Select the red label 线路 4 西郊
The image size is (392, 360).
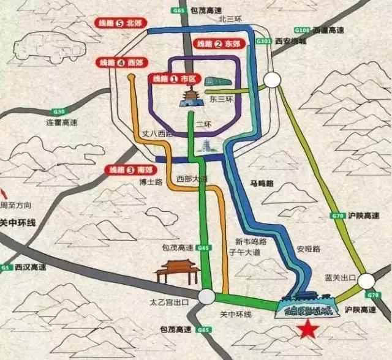point(120,62)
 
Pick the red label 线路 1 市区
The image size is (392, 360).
point(173,79)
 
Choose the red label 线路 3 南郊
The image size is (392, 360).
point(127,169)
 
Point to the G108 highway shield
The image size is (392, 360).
point(301,29)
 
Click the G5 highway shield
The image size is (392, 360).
point(7,268)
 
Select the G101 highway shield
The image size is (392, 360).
point(263,41)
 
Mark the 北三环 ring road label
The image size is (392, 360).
point(231,18)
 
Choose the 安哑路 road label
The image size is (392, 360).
point(308,249)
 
